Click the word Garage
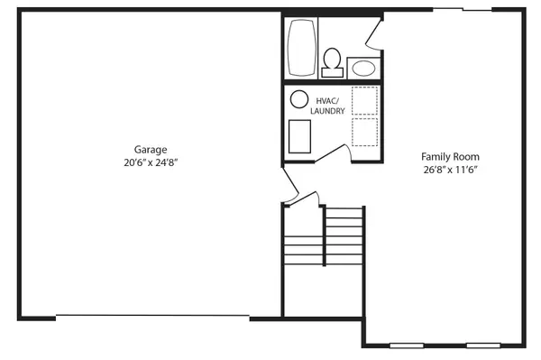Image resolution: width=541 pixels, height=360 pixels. coord(151,150)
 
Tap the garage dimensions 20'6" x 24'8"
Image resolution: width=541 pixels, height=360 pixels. coord(151,164)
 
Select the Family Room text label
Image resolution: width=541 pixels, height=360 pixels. coord(448,155)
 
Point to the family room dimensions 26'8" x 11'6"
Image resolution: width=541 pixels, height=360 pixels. coord(448,170)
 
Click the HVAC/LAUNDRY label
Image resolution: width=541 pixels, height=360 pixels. coord(327,105)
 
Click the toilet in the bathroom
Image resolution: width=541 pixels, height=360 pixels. coord(332,62)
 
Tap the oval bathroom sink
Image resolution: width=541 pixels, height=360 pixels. coord(363,67)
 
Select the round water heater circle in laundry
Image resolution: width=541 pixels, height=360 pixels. coord(298,100)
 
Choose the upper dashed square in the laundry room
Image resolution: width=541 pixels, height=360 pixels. coord(364,100)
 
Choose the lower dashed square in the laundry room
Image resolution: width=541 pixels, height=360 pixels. coord(364,133)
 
